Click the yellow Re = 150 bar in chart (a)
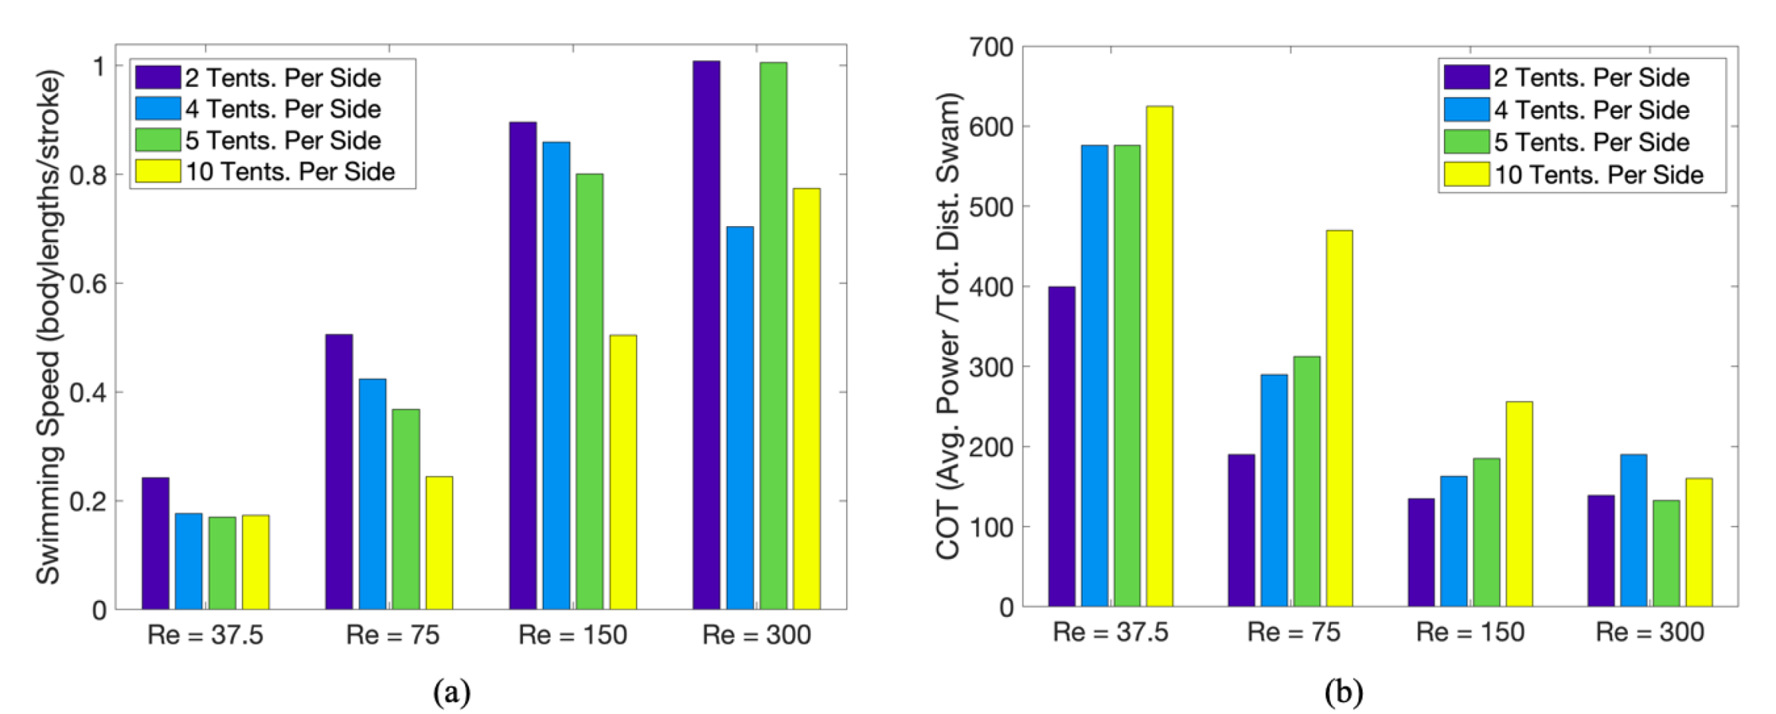623,473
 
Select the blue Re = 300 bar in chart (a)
740,418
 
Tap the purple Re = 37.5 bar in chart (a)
155,544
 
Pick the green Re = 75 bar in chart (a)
406,509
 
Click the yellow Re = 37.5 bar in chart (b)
1159,356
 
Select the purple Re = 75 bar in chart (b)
1241,531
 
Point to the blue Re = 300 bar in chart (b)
1633,531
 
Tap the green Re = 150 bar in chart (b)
1487,533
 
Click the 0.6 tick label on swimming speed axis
87,283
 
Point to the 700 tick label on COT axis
991,48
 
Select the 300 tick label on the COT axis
991,367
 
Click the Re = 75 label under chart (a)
392,635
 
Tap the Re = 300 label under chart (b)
1650,632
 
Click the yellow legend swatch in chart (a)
157,171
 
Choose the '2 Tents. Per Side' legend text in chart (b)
1591,77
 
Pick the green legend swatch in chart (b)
1467,141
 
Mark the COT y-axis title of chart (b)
949,325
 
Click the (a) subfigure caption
453,691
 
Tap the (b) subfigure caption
1343,691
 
